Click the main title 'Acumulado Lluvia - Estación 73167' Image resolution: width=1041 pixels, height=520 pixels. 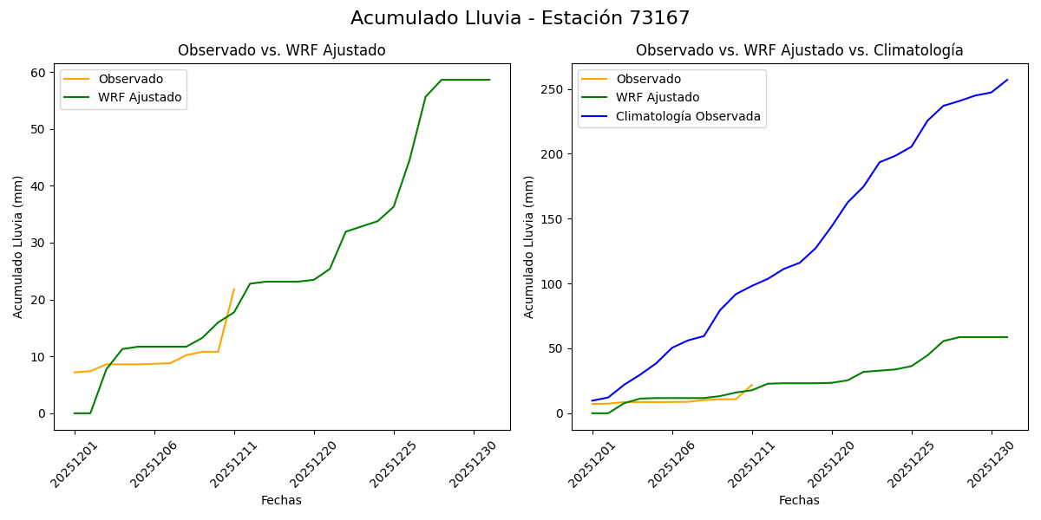tap(520, 18)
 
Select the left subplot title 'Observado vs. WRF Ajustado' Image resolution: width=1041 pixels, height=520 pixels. tap(282, 50)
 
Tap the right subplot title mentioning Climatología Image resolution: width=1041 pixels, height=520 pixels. tap(799, 50)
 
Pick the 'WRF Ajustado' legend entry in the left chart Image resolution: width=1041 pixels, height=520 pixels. tap(140, 97)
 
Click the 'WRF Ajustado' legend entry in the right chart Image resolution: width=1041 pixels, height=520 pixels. tap(658, 97)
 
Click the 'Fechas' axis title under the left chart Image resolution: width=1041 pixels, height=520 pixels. tap(281, 500)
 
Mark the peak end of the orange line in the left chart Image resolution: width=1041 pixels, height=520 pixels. tap(234, 289)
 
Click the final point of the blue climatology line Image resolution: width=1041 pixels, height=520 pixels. tap(1007, 80)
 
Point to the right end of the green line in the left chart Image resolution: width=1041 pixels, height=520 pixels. tap(489, 80)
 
